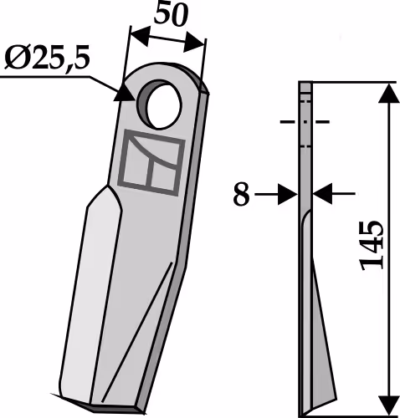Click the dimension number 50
point(171,14)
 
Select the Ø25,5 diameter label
point(47,59)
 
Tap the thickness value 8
point(241,194)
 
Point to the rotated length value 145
point(372,247)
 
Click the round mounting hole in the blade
point(161,104)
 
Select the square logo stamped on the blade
point(151,163)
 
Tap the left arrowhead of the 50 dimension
point(140,35)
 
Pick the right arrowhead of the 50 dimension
point(193,42)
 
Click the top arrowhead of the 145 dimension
point(389,93)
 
